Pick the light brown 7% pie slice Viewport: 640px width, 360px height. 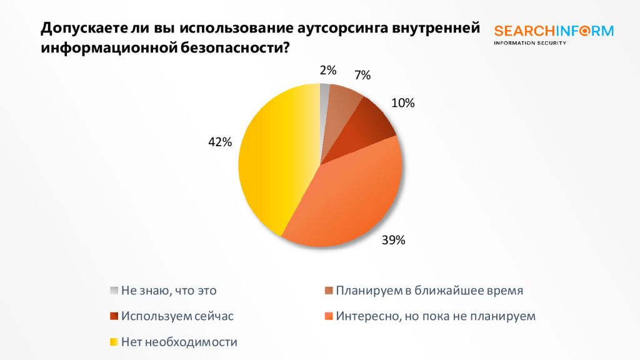[x=343, y=100]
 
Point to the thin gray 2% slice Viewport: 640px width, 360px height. [x=324, y=94]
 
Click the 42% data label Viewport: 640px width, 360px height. [x=220, y=142]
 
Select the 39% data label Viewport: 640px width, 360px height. [x=394, y=239]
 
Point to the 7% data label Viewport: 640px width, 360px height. [x=362, y=76]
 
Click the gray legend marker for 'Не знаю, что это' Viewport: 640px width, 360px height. [x=114, y=290]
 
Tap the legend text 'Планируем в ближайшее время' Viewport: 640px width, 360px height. [x=429, y=290]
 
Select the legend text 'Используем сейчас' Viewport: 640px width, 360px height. [x=177, y=316]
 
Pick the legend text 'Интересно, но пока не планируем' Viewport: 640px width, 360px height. [x=436, y=316]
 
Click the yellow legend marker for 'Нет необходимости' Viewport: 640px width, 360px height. [x=114, y=341]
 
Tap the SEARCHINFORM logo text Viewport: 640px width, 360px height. [x=554, y=31]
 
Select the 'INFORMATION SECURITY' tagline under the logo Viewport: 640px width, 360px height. [x=529, y=43]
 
